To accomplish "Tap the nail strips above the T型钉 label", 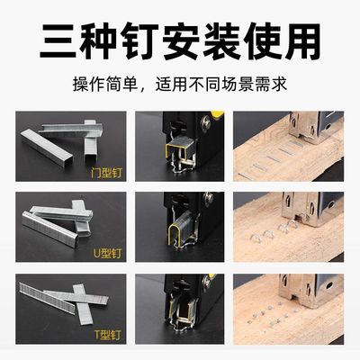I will (x=58, y=297).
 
